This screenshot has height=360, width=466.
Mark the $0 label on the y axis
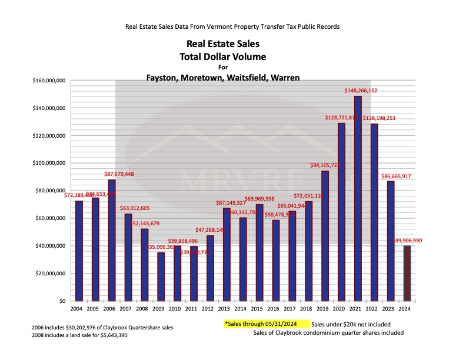pos(61,301)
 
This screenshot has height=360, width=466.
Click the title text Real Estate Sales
pos(222,44)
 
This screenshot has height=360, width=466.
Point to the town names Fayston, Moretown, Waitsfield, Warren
pos(223,77)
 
